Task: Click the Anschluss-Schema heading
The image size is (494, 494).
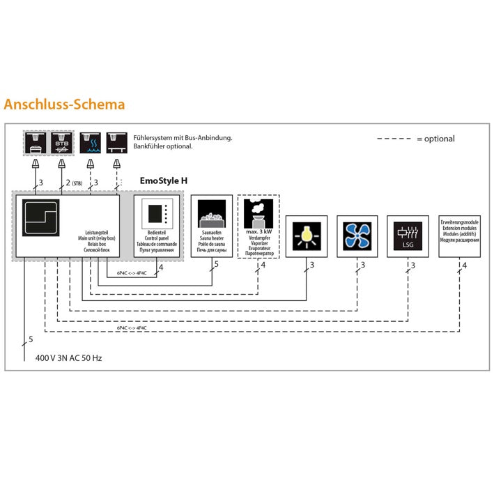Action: point(64,105)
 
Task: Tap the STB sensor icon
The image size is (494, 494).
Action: point(61,143)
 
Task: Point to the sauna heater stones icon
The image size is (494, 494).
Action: point(211,213)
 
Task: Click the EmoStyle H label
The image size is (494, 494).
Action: point(164,180)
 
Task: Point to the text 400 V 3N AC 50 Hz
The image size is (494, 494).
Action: point(69,358)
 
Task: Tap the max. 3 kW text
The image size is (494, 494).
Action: point(258,231)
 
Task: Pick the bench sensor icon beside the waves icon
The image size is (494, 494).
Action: point(118,143)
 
